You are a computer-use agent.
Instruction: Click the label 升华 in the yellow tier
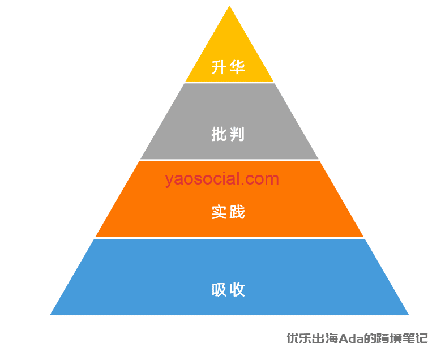pyautogui.click(x=228, y=68)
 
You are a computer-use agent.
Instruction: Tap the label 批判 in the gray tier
pyautogui.click(x=228, y=135)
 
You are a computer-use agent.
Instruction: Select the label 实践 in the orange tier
pyautogui.click(x=228, y=212)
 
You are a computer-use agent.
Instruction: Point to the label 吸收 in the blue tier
pyautogui.click(x=228, y=290)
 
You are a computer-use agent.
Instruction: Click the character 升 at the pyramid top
pyautogui.click(x=220, y=68)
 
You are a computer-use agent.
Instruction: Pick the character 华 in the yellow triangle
pyautogui.click(x=237, y=68)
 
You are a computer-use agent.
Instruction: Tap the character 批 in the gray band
pyautogui.click(x=220, y=135)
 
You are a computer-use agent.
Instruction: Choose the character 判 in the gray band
pyautogui.click(x=237, y=135)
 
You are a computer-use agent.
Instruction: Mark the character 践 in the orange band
pyautogui.click(x=237, y=212)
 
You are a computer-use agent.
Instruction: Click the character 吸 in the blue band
pyautogui.click(x=220, y=290)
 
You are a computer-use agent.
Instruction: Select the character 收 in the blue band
pyautogui.click(x=237, y=290)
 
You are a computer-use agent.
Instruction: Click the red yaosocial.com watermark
pyautogui.click(x=222, y=179)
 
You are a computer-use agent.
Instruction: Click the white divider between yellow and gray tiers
pyautogui.click(x=229, y=83)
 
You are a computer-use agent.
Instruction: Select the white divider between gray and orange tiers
pyautogui.click(x=229, y=160)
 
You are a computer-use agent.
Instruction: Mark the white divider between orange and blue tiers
pyautogui.click(x=229, y=238)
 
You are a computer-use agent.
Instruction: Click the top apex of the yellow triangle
pyautogui.click(x=229, y=7)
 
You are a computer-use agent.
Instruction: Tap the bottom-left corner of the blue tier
pyautogui.click(x=52, y=314)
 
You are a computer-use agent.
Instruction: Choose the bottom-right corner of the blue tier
pyautogui.click(x=407, y=314)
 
